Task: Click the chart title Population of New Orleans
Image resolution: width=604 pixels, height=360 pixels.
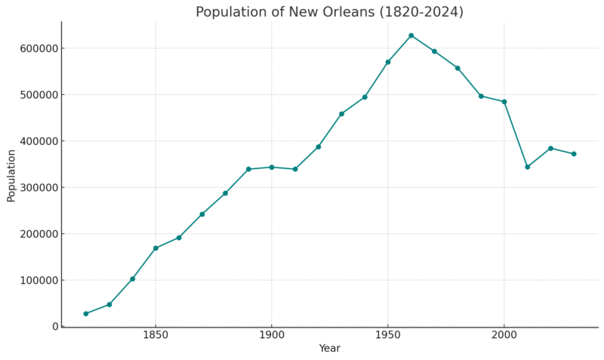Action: [329, 12]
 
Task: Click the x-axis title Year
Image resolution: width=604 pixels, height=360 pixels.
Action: [329, 349]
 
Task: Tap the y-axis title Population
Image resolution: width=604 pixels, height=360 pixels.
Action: [11, 175]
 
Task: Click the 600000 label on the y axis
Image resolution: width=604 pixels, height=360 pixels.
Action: [38, 48]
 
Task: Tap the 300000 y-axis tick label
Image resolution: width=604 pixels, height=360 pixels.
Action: [38, 187]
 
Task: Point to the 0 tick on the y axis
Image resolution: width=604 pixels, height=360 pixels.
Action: [54, 327]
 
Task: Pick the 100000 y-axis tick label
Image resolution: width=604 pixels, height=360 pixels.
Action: [38, 280]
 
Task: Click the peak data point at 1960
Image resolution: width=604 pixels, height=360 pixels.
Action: [411, 35]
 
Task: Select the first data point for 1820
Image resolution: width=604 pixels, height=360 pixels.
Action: [86, 314]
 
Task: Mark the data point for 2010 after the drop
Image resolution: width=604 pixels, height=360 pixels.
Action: [528, 167]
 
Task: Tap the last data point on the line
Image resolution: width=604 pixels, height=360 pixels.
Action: [574, 154]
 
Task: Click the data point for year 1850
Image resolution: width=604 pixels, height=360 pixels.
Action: [156, 248]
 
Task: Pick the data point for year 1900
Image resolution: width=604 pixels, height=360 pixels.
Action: [272, 167]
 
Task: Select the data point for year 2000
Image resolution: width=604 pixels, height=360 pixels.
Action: [504, 102]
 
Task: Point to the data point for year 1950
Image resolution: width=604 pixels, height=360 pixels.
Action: [388, 62]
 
